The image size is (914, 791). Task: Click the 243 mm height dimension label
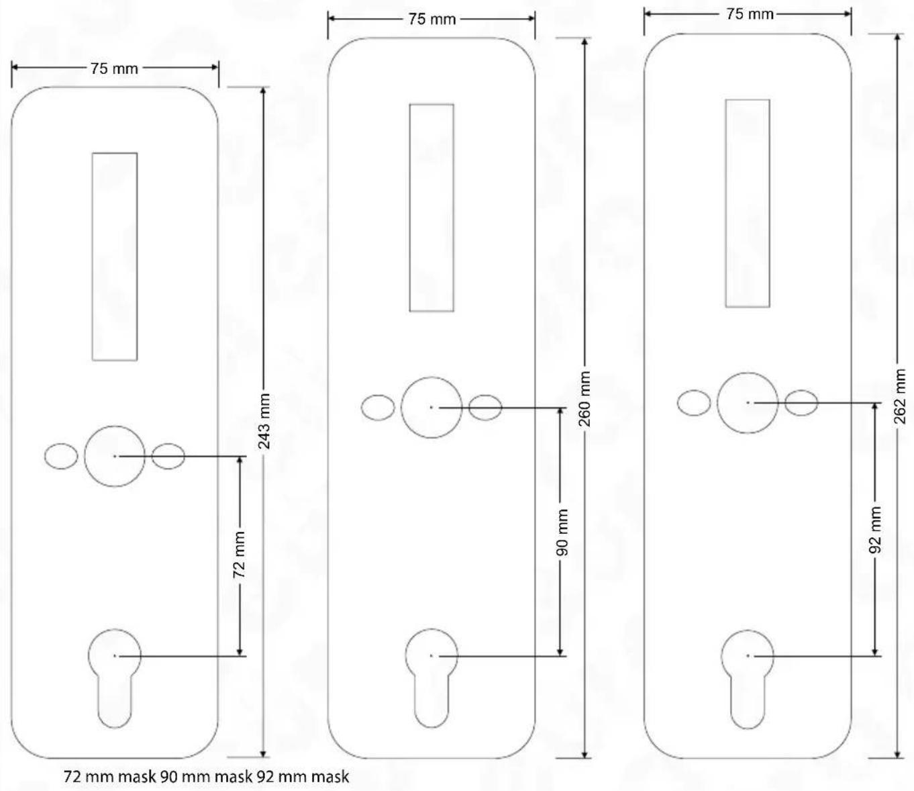[x=264, y=421]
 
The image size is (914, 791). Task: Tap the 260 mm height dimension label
[x=585, y=400]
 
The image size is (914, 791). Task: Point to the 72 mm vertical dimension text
[x=239, y=555]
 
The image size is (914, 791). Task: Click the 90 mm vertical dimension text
[x=561, y=532]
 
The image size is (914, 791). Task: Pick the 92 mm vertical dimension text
[x=875, y=530]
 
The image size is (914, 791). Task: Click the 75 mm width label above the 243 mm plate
[x=115, y=68]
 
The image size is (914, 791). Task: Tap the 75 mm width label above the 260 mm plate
[x=431, y=19]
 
